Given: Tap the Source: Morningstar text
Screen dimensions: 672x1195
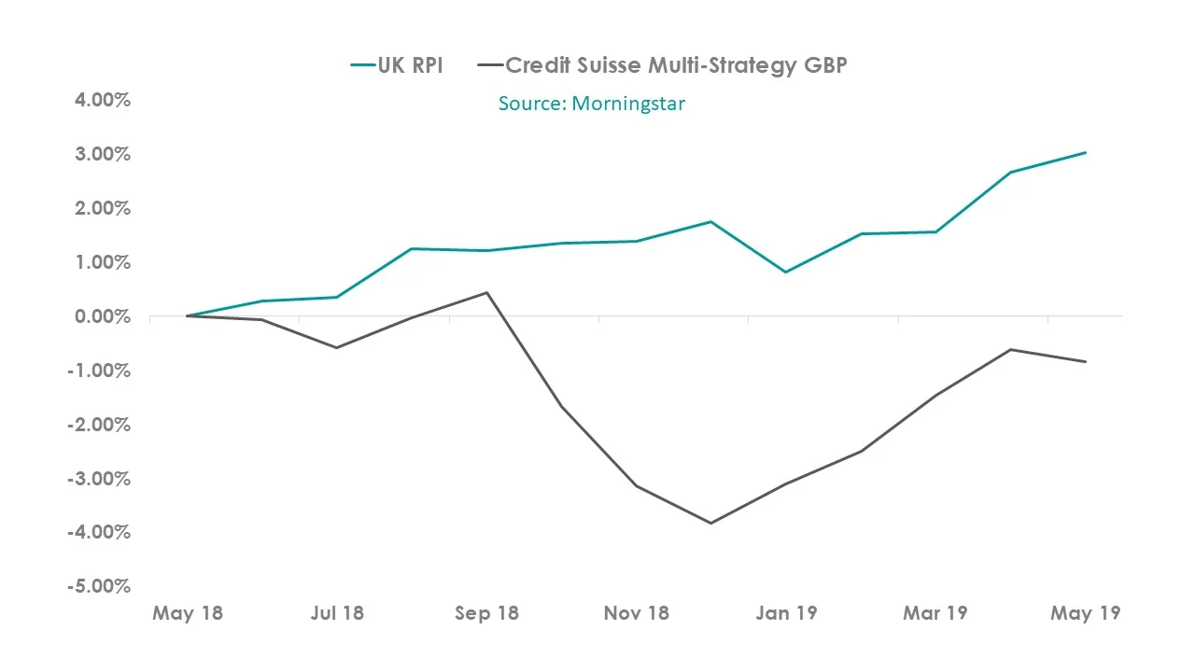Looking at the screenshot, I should coord(591,104).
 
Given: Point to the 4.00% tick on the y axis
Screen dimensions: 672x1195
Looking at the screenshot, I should coord(103,99).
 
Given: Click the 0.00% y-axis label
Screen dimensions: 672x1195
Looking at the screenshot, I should coord(103,316).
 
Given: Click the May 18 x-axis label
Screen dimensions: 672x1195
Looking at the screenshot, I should coord(188,613).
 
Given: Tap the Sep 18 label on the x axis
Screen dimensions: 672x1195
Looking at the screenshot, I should coord(486,613).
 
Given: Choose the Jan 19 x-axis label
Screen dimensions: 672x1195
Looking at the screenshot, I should coord(786,613).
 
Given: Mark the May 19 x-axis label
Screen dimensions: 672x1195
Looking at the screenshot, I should coord(1085,613).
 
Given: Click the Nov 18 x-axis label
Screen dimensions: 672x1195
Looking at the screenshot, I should coord(637,613).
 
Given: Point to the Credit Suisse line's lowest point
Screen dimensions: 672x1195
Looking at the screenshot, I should coord(710,523).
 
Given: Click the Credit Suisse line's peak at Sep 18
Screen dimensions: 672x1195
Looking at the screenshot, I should coord(486,292).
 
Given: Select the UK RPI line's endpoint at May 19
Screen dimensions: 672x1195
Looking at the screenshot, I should coord(1085,152).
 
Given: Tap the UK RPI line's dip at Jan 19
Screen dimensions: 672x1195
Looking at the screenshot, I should coord(786,272).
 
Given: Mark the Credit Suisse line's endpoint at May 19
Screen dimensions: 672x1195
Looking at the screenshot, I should coord(1085,361).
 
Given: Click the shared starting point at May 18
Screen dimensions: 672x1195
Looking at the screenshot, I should coord(188,315).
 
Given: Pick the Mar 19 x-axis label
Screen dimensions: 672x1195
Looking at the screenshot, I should coord(935,613).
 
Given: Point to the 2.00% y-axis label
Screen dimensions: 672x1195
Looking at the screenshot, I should coord(103,208).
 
